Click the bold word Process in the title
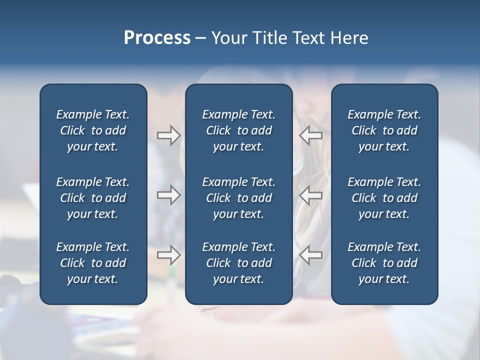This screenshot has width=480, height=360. (x=157, y=38)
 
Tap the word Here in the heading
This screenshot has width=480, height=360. (x=348, y=38)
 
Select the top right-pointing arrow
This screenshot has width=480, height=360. (x=168, y=135)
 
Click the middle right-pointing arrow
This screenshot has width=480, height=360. (x=168, y=195)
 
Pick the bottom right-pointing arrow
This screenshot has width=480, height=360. (x=168, y=255)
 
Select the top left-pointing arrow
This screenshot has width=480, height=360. (x=311, y=135)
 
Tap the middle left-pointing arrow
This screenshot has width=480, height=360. (x=311, y=195)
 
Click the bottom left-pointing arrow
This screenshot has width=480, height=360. (x=311, y=255)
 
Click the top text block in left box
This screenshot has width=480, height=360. (x=93, y=130)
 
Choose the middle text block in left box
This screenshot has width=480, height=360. (x=93, y=198)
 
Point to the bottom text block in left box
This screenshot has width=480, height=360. (x=93, y=263)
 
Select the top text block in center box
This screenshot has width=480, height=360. (x=238, y=130)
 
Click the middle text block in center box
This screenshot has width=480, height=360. (x=238, y=198)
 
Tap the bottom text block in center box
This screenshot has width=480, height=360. (x=238, y=263)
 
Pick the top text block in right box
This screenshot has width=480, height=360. (x=384, y=130)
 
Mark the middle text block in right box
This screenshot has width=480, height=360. (x=384, y=198)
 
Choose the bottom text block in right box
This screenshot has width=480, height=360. (x=384, y=263)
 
